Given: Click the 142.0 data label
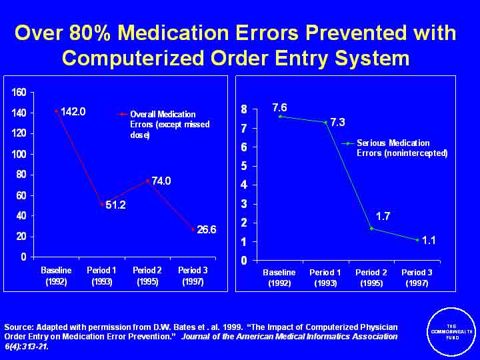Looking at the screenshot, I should (73, 111).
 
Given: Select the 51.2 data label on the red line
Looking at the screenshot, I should (114, 205).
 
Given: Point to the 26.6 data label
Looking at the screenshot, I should (207, 229).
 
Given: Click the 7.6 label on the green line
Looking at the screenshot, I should (279, 107).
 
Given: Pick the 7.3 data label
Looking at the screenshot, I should (339, 123).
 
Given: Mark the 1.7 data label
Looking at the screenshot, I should (383, 216).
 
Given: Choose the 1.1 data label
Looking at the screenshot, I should (429, 239).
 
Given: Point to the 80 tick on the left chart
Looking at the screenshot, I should (21, 175).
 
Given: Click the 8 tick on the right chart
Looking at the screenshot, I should (244, 109).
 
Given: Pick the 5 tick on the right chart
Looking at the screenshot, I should (244, 165).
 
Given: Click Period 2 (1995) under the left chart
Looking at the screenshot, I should (147, 276).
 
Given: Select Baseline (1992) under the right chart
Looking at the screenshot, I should (279, 278).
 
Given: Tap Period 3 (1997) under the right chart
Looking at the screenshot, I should (417, 278).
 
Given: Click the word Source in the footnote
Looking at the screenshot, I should (19, 327).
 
